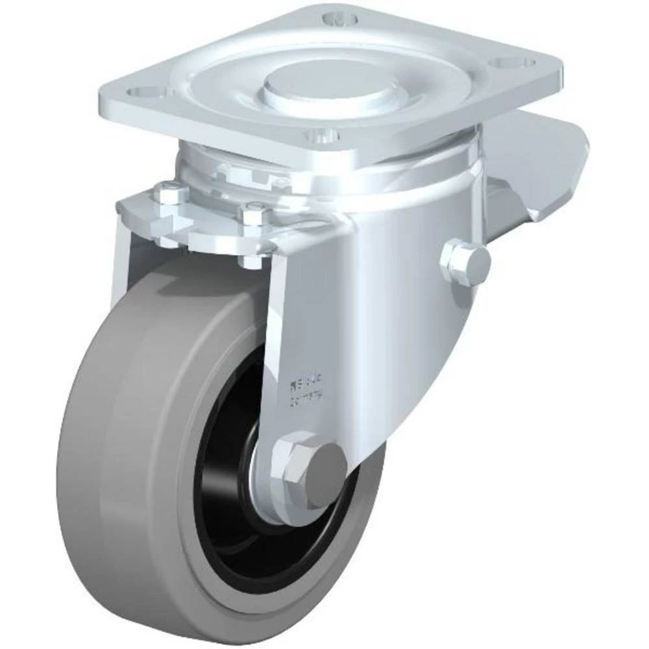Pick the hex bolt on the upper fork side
465,258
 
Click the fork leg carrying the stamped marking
305,337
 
